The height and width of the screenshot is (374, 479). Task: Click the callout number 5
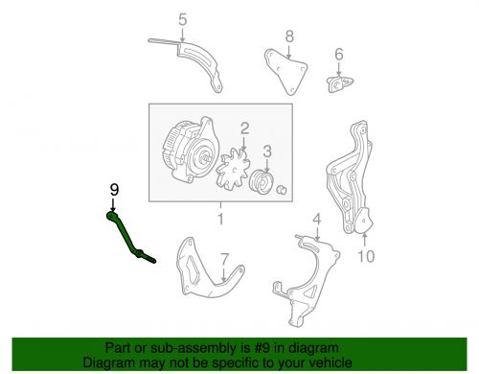tap(182, 20)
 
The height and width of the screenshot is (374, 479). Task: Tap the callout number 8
tap(289, 36)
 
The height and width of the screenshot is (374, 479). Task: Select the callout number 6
tap(339, 54)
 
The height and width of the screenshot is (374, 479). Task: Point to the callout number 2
tap(244, 129)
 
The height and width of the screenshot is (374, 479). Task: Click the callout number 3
tap(267, 151)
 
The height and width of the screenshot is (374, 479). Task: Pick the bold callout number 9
tap(114, 190)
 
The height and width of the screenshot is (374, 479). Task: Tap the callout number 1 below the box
tap(220, 219)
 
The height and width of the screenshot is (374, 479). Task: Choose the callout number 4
tap(316, 220)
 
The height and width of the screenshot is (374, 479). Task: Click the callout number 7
tap(225, 259)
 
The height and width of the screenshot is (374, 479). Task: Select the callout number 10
tap(366, 256)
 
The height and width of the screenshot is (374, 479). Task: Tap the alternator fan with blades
tap(233, 172)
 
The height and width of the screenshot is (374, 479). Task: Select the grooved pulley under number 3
tap(262, 182)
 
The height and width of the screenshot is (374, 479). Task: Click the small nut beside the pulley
tap(281, 190)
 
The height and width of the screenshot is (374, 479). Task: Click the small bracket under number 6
tap(339, 83)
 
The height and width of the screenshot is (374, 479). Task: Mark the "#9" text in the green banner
tap(262, 348)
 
